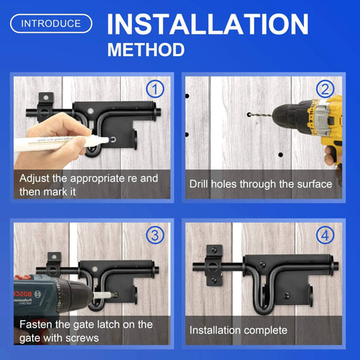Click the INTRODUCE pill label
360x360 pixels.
pos(51,23)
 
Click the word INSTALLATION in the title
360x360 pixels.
pos(207,24)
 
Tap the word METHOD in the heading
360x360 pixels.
pos(145,51)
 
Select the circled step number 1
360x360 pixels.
pos(156,90)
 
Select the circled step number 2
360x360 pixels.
pos(325,90)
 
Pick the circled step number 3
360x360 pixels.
pos(156,235)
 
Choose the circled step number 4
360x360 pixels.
pos(325,235)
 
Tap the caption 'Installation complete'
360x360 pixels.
pos(238,330)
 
